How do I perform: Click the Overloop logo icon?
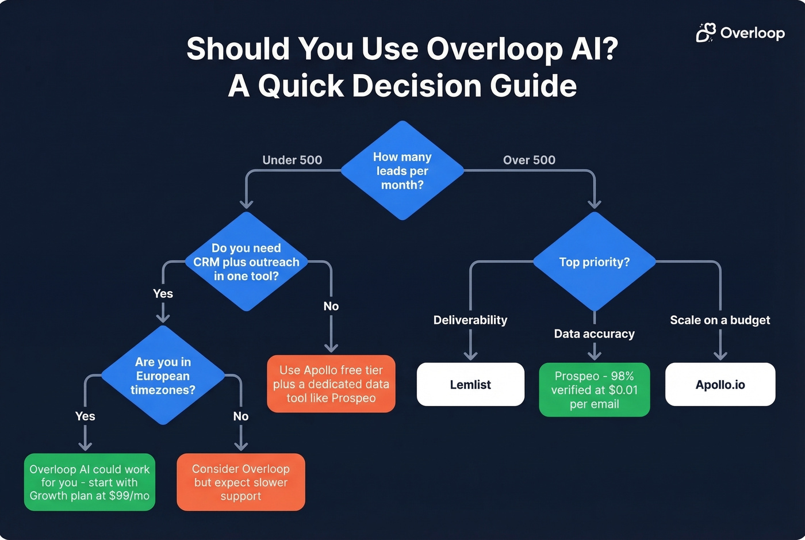[x=706, y=33]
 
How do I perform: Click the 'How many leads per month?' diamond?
[x=402, y=171]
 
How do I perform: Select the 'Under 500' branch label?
[x=292, y=160]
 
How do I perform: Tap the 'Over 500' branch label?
[x=529, y=160]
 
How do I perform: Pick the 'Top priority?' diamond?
[x=594, y=262]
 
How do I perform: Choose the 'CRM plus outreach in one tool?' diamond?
[x=246, y=262]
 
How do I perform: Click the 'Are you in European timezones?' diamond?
[x=163, y=376]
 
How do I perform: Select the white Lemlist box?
[x=470, y=384]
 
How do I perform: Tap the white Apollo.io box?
[x=720, y=384]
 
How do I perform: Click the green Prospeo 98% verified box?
[x=594, y=389]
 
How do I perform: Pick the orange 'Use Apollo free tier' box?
[x=331, y=384]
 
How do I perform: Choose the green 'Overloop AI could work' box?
[x=89, y=482]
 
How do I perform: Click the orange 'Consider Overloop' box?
[x=240, y=482]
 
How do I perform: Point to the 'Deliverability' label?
[x=470, y=320]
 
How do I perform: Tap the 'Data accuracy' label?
[x=594, y=334]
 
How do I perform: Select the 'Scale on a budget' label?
[x=720, y=320]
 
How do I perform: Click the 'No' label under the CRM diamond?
[x=331, y=306]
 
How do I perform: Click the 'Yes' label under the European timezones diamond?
[x=85, y=416]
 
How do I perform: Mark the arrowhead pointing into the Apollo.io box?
[x=720, y=356]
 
